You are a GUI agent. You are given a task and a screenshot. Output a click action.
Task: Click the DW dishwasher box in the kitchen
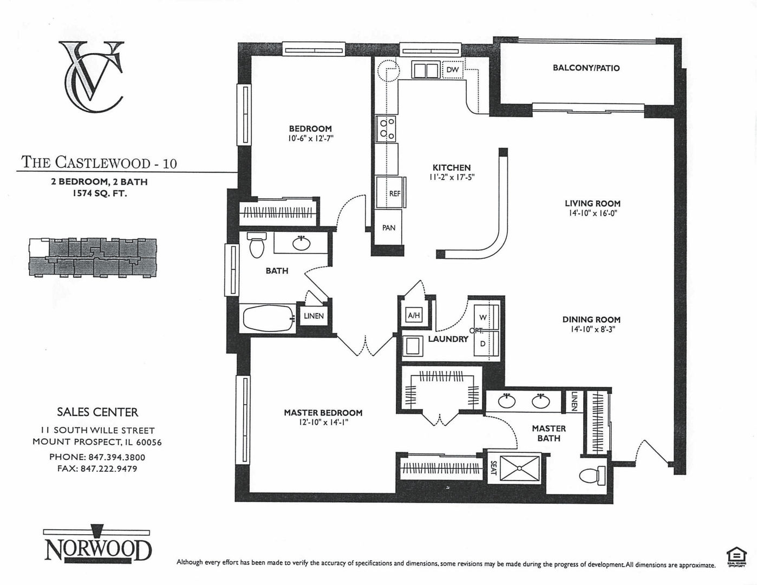(453, 70)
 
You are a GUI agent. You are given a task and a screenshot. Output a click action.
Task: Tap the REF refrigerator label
(394, 193)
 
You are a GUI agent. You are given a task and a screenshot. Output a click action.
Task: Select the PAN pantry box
(389, 228)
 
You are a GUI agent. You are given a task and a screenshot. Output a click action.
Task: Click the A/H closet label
(413, 315)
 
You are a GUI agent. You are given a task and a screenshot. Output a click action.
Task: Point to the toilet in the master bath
(590, 476)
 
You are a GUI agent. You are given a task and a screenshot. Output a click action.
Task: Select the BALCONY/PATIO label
(586, 68)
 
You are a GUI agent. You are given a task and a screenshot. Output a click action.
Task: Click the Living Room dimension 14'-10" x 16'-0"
(592, 213)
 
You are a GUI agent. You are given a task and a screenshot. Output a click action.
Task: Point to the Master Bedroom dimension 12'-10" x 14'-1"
(323, 422)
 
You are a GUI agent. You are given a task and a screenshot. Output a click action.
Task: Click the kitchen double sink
(426, 70)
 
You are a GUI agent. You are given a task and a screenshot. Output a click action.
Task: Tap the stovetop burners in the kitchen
(386, 128)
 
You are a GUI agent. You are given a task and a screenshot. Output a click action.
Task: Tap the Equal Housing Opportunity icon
(735, 556)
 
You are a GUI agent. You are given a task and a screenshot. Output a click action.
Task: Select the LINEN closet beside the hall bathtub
(314, 316)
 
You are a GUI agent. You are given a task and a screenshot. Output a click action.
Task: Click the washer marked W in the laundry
(483, 317)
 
